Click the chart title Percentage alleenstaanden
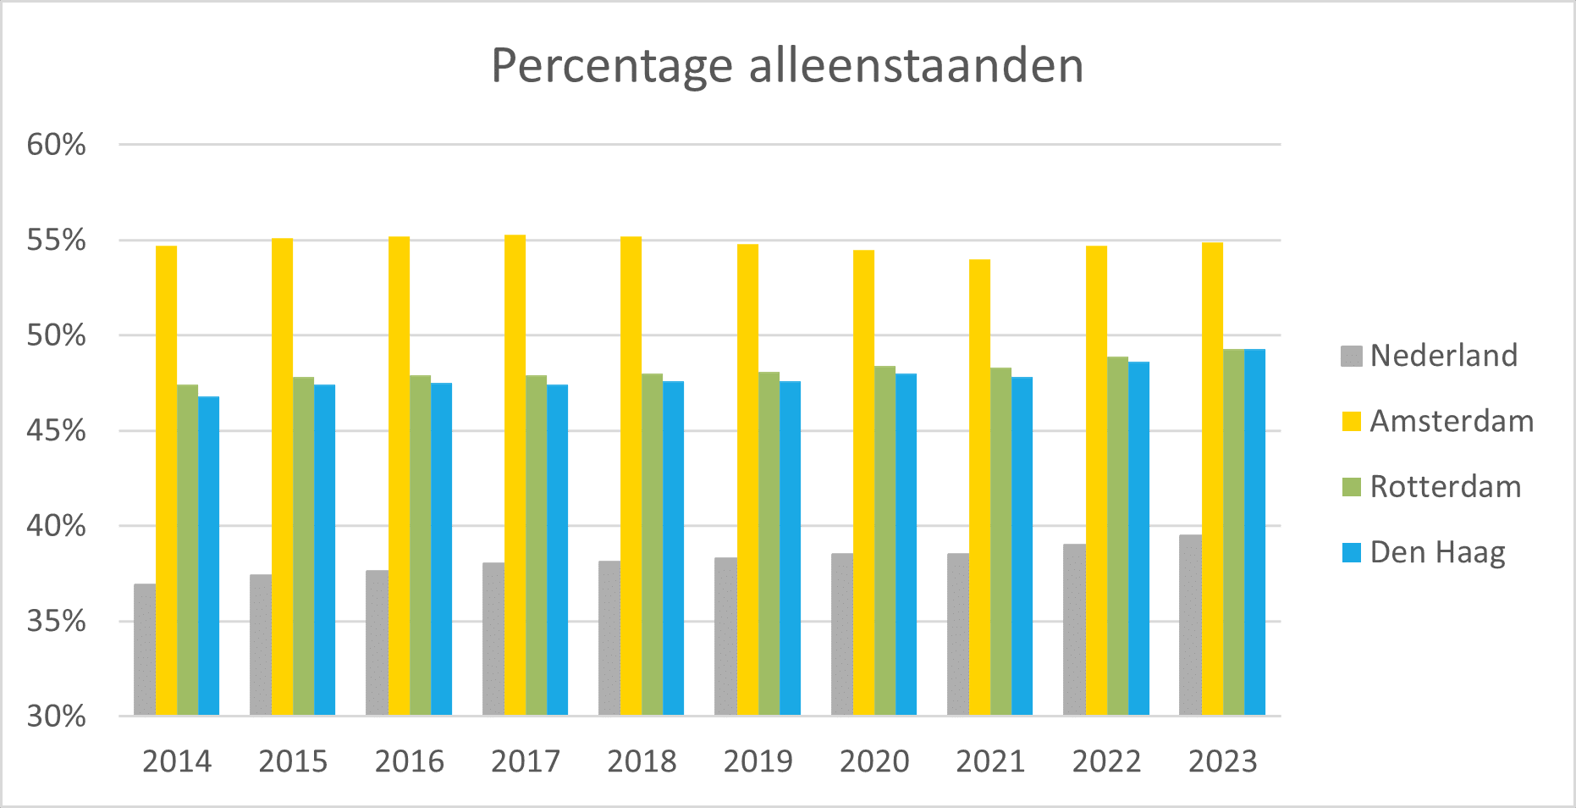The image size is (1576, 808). pyautogui.click(x=787, y=66)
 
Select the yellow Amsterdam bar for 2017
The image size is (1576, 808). pyautogui.click(x=515, y=474)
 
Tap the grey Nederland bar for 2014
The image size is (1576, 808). pyautogui.click(x=145, y=650)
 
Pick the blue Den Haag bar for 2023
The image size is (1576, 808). pyautogui.click(x=1254, y=532)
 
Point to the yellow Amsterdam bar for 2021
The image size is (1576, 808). pyautogui.click(x=979, y=487)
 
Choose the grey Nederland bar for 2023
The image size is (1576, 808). pyautogui.click(x=1190, y=625)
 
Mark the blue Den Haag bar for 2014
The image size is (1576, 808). pyautogui.click(x=208, y=556)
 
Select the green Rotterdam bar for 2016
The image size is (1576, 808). pyautogui.click(x=420, y=545)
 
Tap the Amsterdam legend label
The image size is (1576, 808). pyautogui.click(x=1451, y=421)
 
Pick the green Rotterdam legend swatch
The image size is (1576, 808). pyautogui.click(x=1352, y=487)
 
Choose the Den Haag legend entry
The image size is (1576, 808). pyautogui.click(x=1437, y=552)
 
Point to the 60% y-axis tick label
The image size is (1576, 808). pyautogui.click(x=57, y=145)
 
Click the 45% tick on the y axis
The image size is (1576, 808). pyautogui.click(x=57, y=431)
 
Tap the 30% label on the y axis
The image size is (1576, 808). pyautogui.click(x=57, y=717)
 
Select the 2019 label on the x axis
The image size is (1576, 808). pyautogui.click(x=758, y=761)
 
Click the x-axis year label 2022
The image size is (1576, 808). pyautogui.click(x=1106, y=761)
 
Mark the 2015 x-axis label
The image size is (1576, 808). pyautogui.click(x=293, y=761)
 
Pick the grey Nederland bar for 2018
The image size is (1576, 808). pyautogui.click(x=609, y=638)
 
